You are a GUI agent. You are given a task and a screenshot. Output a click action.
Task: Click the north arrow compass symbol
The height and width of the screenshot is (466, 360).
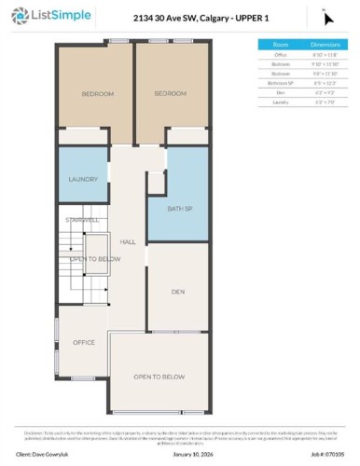tap(326, 15)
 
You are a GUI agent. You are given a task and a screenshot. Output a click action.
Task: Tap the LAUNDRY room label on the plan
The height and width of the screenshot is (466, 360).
tap(83, 180)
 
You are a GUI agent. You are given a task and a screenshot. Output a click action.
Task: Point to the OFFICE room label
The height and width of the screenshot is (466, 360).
tap(84, 343)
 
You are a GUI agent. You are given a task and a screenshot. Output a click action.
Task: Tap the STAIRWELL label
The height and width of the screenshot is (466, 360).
tap(82, 220)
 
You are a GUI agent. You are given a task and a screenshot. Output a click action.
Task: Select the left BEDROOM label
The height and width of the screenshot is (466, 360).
tap(96, 94)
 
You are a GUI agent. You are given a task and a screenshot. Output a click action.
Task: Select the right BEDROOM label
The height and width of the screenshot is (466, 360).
tap(170, 94)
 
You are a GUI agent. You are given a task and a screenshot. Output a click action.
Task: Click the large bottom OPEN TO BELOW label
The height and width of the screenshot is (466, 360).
tap(157, 377)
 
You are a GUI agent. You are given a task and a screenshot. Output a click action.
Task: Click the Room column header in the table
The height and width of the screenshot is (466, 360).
tap(280, 44)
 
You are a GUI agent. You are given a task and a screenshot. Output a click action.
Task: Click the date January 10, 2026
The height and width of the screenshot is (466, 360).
tap(192, 455)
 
